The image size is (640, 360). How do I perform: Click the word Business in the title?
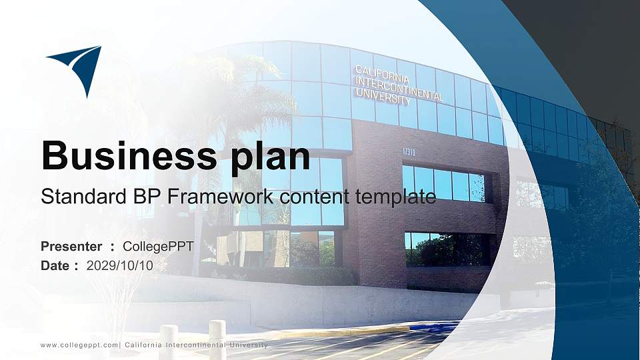(124, 156)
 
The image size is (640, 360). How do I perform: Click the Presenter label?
(71, 247)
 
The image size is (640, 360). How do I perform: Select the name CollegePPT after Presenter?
(158, 247)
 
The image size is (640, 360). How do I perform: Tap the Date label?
(55, 265)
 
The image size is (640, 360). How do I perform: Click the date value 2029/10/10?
(120, 265)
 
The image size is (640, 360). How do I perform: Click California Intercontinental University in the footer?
(196, 345)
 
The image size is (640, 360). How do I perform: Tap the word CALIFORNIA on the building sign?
(382, 71)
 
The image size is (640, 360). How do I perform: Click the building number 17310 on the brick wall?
(409, 152)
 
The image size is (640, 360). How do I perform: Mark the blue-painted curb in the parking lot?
(433, 327)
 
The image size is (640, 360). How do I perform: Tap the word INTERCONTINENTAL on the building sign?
(399, 87)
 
